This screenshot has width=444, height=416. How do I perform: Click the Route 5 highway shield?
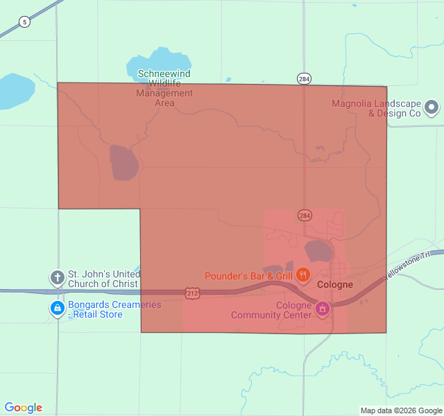(25, 22)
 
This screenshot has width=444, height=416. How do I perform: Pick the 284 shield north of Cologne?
(305, 215)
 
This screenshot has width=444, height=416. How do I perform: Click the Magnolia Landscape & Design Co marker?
(432, 107)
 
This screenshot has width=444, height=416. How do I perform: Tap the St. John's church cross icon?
(57, 278)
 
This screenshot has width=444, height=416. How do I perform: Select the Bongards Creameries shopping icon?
(57, 308)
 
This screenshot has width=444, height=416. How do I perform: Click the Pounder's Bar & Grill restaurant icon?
(302, 276)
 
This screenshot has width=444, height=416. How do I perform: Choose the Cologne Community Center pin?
(322, 309)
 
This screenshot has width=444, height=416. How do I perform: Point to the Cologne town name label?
(334, 285)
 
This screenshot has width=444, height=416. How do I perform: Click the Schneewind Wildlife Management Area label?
(164, 88)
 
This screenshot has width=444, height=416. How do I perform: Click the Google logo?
(24, 408)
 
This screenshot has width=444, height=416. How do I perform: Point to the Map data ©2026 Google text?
(401, 410)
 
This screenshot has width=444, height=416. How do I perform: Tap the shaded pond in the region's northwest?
(123, 162)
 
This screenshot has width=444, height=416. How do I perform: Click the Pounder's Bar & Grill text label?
(248, 277)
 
